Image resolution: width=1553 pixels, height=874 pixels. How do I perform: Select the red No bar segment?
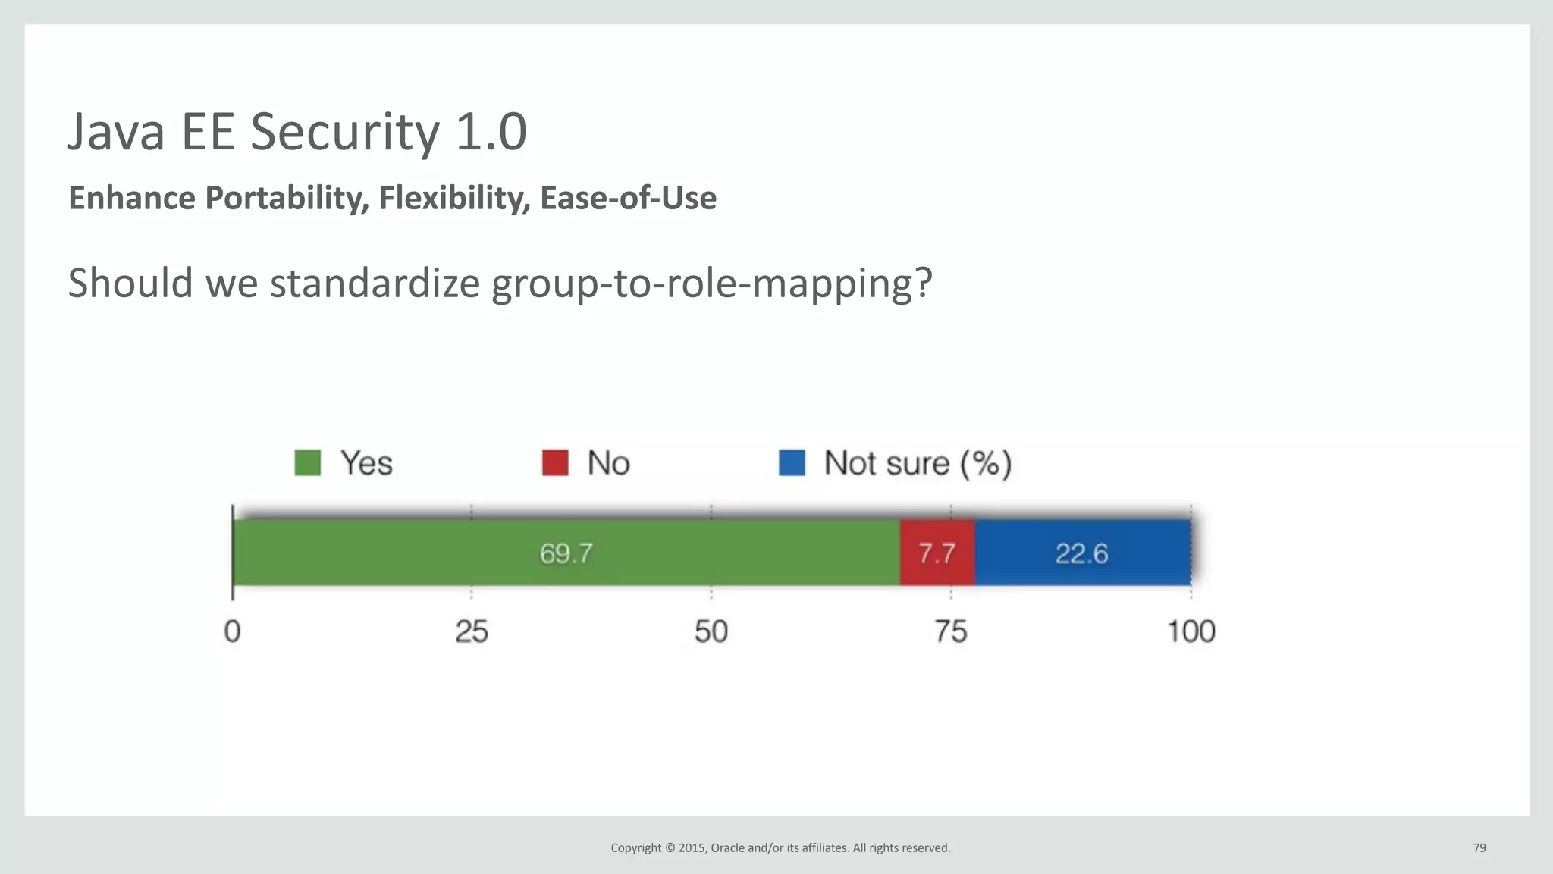coord(937,553)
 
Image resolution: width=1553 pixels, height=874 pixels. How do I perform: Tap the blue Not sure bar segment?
coord(1082,553)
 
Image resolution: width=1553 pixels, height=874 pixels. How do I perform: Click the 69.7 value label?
coord(566,553)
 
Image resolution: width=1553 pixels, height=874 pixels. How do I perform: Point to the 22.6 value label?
coord(1082,553)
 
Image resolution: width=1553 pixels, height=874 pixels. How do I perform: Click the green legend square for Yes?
coord(307,462)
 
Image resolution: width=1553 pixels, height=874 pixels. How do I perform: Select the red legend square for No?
coord(555,462)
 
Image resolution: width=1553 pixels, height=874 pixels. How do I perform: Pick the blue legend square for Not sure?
coord(792,462)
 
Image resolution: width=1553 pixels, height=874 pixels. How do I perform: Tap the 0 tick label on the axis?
coord(232,631)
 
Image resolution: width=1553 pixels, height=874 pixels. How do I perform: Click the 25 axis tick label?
coord(472,631)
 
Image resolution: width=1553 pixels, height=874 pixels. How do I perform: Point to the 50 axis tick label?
coord(711,631)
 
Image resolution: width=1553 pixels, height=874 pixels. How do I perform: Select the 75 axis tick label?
coord(951,631)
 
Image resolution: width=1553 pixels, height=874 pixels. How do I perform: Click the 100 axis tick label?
coord(1191,631)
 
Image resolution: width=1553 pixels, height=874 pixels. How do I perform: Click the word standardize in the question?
coord(375,283)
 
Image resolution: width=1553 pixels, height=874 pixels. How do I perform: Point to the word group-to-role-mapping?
coord(711,284)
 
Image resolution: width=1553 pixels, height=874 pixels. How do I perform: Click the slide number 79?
coord(1479,847)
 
